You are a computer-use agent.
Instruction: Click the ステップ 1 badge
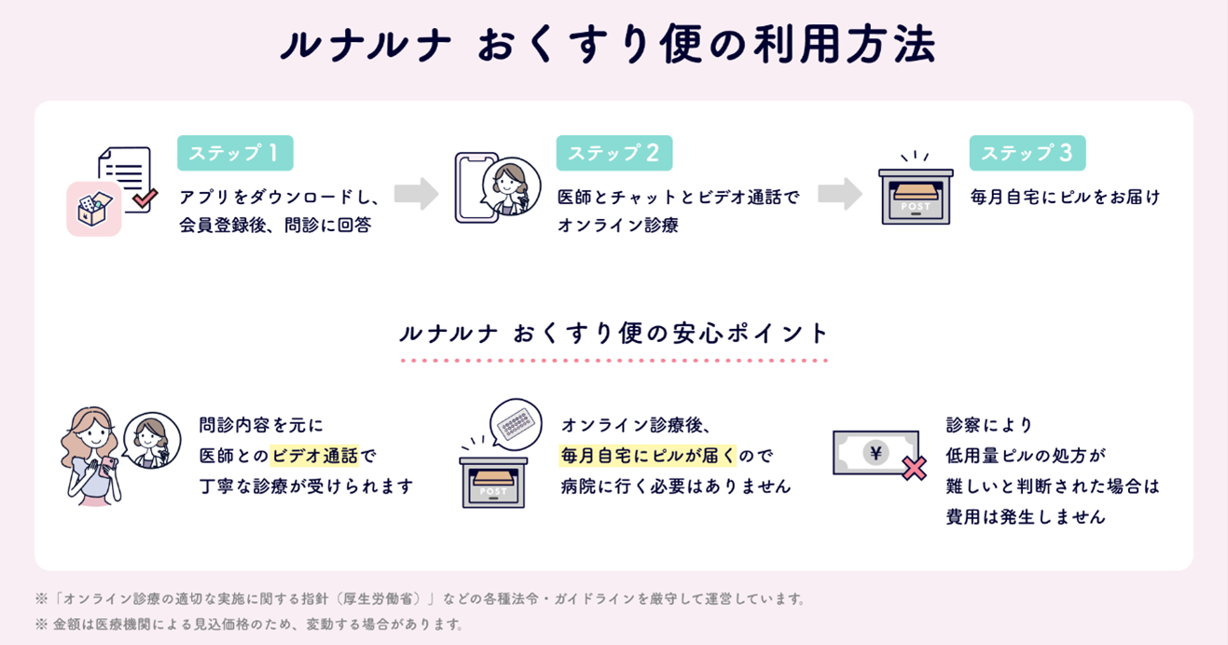[235, 154]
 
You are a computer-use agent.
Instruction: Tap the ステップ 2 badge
[614, 154]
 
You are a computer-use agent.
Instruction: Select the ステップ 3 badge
[1027, 154]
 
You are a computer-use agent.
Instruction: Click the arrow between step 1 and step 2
[416, 193]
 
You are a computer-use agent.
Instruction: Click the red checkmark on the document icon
[144, 198]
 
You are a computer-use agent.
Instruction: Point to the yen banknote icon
[875, 453]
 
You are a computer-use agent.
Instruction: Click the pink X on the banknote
[915, 469]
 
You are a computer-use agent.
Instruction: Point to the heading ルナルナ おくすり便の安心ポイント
[614, 333]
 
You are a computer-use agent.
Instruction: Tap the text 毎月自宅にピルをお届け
[1065, 197]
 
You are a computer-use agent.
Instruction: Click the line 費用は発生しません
[1026, 516]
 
